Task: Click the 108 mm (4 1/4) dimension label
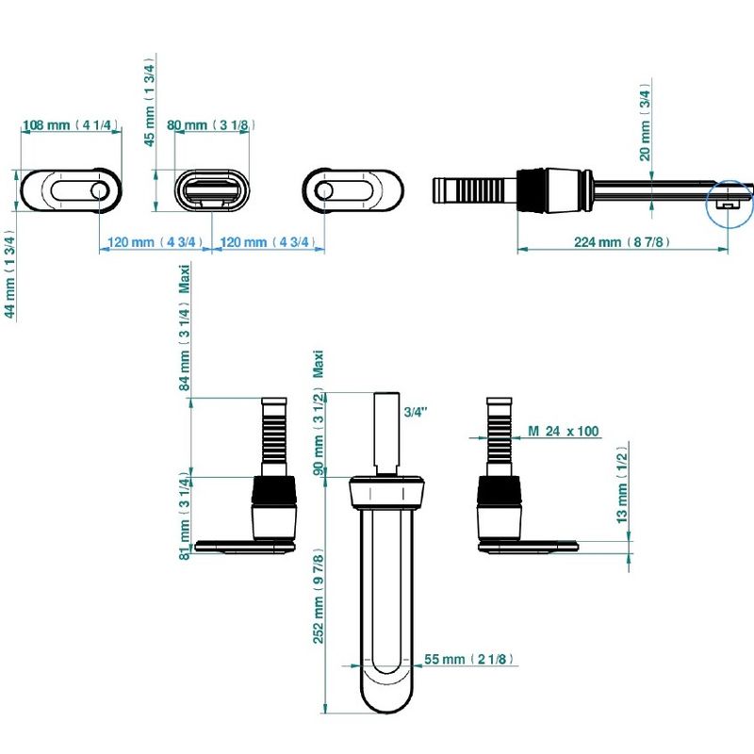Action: (x=70, y=125)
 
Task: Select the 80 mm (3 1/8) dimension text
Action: (x=210, y=125)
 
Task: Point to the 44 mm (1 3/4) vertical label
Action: (x=9, y=274)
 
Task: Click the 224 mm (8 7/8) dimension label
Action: (x=621, y=242)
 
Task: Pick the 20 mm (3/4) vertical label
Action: (x=645, y=124)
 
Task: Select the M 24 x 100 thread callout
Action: (x=563, y=431)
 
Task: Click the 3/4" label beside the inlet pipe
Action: (x=416, y=412)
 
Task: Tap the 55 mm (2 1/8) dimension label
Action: (x=468, y=659)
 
